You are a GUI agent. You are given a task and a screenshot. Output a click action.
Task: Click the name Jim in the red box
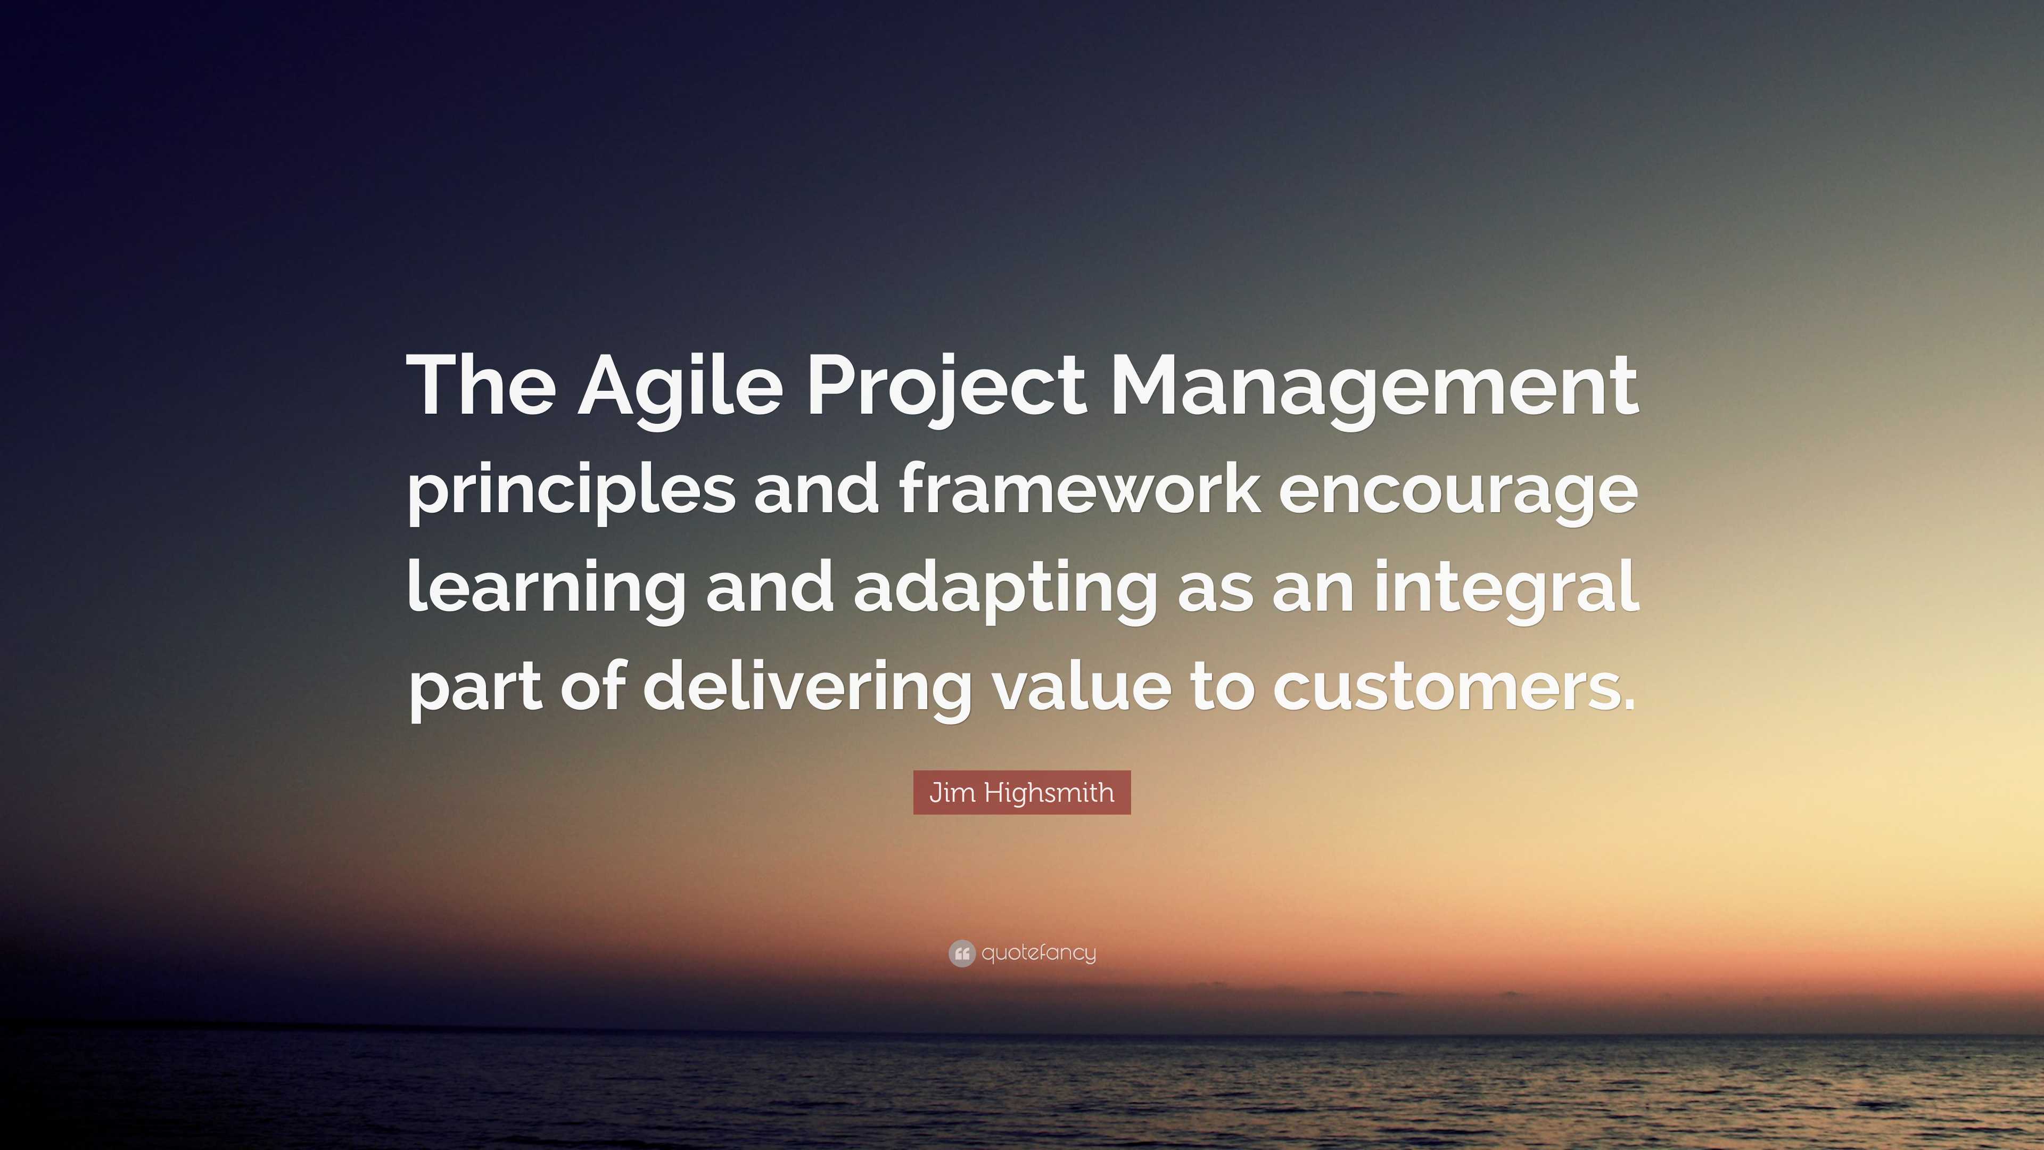(951, 792)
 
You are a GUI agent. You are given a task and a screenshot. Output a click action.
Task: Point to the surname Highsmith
(1049, 792)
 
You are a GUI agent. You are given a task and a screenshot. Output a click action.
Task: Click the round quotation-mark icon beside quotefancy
(961, 953)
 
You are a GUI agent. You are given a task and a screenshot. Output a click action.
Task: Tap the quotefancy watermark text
(1039, 953)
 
